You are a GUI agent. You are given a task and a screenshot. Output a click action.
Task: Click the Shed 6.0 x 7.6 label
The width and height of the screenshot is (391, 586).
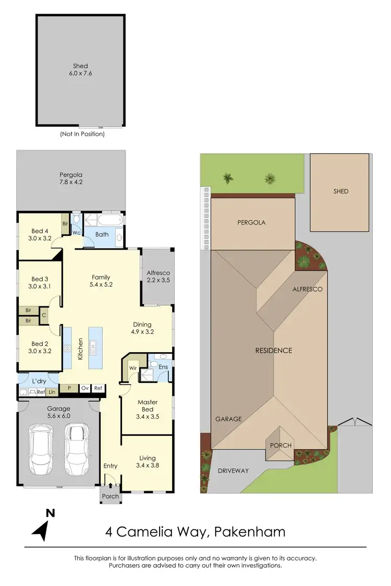pos(80,70)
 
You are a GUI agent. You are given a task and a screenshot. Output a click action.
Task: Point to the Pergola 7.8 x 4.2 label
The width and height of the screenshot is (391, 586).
pos(71,179)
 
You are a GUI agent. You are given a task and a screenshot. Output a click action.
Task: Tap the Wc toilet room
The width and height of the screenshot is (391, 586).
pos(76,231)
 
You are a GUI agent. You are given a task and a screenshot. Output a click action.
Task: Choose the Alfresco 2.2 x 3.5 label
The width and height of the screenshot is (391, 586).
pos(158,276)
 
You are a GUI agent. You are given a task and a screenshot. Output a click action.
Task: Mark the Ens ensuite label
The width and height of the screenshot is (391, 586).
pos(163,367)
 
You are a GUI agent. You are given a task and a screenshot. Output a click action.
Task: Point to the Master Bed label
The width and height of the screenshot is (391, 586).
pos(148,406)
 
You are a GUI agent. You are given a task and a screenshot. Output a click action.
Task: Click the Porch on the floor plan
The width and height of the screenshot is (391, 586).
pos(111,496)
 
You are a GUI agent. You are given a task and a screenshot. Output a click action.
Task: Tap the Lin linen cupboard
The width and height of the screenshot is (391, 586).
pos(53,392)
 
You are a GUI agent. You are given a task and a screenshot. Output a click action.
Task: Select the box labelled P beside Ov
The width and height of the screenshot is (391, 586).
pos(68,388)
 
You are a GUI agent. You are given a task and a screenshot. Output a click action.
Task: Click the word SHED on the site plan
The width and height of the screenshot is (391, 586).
pos(340,191)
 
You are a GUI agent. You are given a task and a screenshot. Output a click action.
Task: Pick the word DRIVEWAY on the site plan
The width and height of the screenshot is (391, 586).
pos(233,470)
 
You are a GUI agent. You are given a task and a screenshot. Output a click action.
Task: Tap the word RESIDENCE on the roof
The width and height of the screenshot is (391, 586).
pos(273,351)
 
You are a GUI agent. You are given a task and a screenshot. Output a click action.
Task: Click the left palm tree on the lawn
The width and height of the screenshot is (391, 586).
pos(228,179)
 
